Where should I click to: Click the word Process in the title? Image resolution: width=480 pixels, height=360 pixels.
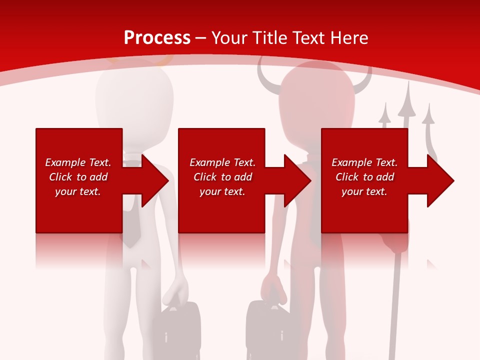coord(157,38)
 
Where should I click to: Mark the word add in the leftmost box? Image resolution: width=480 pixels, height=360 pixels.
coord(98,177)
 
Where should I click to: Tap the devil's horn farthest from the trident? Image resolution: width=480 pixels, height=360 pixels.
coord(264,75)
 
